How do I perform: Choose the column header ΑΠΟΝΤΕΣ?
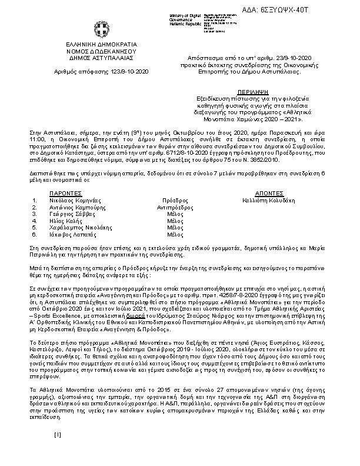pos(269,193)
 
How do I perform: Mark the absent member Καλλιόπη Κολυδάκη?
pos(269,200)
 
